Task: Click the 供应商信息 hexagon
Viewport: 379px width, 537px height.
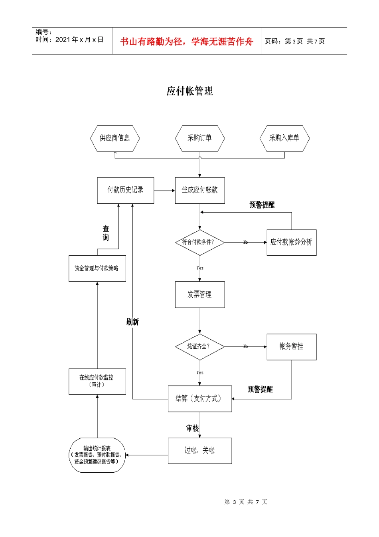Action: [115, 138]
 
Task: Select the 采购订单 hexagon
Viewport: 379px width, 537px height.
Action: [200, 138]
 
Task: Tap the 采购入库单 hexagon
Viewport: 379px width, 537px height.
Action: [284, 138]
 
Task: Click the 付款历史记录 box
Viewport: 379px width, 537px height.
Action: [125, 190]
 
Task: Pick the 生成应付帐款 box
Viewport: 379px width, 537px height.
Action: [200, 190]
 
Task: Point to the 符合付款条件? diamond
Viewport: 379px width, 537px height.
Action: [200, 242]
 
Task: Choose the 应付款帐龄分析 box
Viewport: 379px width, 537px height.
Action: [292, 242]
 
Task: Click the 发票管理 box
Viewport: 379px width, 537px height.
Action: [200, 294]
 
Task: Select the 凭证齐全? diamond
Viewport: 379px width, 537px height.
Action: [200, 346]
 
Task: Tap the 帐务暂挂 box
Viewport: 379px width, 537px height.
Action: [292, 346]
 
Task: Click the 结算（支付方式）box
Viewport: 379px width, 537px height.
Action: [200, 398]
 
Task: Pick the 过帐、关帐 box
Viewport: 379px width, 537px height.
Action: [200, 451]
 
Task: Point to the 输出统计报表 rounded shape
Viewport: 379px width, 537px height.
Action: [97, 455]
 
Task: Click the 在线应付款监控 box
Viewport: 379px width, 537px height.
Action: [97, 381]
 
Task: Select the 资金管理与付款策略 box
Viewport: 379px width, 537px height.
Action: [97, 268]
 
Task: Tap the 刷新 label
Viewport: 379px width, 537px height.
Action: [132, 322]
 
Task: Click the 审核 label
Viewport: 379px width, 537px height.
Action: [192, 428]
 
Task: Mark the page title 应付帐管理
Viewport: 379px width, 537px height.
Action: [189, 91]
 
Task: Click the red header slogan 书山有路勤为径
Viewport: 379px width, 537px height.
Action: [186, 42]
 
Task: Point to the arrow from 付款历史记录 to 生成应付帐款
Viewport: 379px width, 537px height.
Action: [164, 191]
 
